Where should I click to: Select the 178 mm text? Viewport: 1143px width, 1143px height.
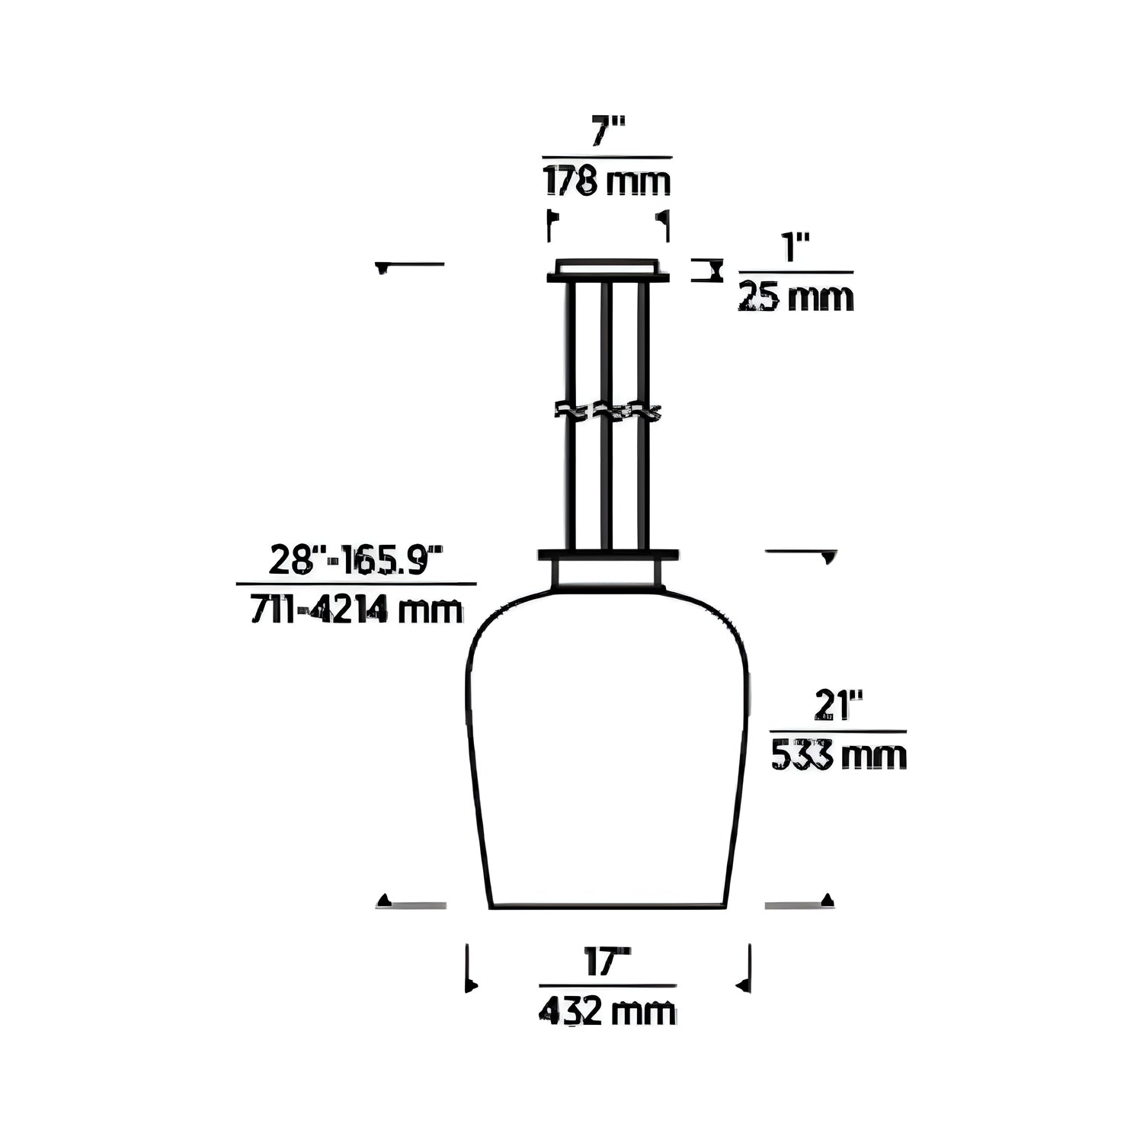(607, 183)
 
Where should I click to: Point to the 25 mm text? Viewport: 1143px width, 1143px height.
(796, 297)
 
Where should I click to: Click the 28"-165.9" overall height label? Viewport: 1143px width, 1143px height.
(356, 562)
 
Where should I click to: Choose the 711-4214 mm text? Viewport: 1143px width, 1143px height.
(357, 610)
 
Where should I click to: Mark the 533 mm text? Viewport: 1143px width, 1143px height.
(839, 756)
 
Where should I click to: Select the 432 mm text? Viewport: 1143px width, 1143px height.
(607, 1011)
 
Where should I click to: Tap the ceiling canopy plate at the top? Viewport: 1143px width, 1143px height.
(608, 271)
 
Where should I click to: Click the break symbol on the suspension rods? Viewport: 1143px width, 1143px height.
(607, 411)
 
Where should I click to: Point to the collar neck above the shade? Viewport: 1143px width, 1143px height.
(608, 574)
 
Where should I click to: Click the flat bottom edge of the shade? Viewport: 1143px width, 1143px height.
(607, 907)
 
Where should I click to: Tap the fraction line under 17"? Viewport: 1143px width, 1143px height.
(607, 985)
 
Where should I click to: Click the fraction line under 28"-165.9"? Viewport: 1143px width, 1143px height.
(357, 584)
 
